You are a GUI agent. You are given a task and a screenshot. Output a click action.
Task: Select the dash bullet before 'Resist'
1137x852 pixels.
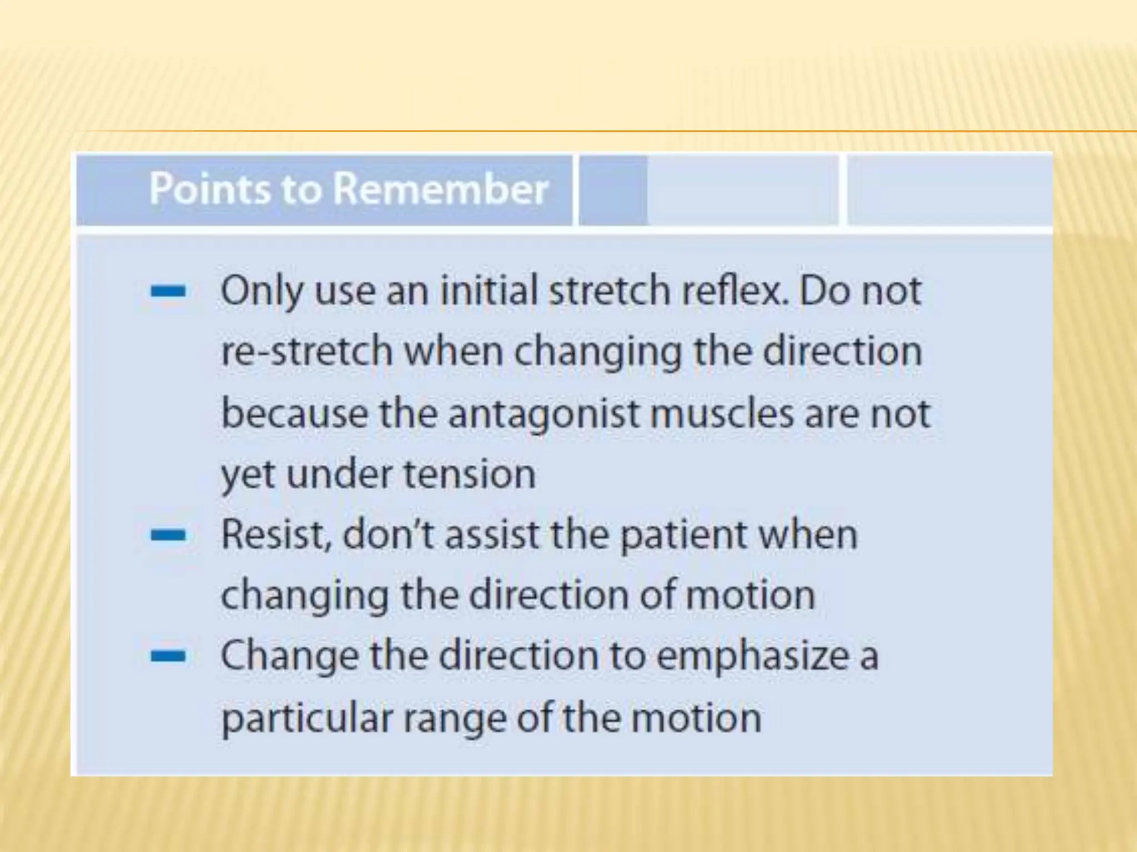[x=168, y=535]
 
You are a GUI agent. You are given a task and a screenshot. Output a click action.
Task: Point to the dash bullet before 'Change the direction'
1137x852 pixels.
[x=168, y=657]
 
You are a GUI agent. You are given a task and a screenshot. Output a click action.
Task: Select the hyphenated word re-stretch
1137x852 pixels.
[x=307, y=352]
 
